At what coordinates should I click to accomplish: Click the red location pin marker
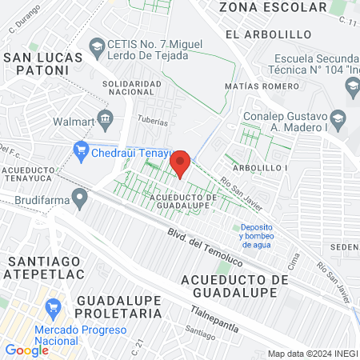tap(181, 163)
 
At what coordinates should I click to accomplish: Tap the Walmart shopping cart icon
tap(105, 121)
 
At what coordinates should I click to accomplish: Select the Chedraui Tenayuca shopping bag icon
tap(80, 148)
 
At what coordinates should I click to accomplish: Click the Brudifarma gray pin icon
tap(79, 197)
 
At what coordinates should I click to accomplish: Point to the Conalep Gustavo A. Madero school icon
tap(337, 117)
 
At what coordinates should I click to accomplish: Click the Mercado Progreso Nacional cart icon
tap(54, 307)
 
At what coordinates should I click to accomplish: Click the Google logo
tap(26, 350)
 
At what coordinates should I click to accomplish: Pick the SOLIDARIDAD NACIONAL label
tap(138, 88)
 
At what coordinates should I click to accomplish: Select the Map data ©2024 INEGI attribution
tap(312, 354)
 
